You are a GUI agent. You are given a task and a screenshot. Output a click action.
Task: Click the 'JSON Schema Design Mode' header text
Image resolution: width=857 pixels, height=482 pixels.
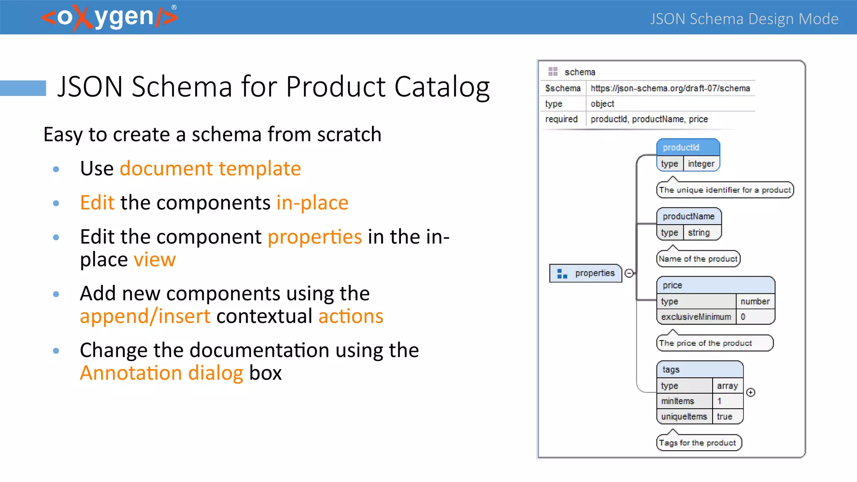click(744, 19)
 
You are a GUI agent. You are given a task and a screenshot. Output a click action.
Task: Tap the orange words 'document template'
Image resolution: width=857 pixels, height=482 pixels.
click(210, 169)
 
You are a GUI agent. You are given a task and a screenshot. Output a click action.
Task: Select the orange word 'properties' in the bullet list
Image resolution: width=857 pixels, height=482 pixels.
click(315, 237)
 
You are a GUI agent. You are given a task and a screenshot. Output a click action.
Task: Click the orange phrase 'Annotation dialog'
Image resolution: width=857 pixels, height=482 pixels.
click(162, 373)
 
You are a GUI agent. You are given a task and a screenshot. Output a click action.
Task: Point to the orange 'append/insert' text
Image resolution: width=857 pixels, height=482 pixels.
click(145, 316)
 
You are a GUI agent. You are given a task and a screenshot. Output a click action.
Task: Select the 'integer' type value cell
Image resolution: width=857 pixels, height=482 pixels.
click(701, 164)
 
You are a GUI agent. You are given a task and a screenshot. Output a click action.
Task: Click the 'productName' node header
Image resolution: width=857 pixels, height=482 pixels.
click(689, 216)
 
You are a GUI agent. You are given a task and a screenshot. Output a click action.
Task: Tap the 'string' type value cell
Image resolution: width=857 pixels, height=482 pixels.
click(699, 233)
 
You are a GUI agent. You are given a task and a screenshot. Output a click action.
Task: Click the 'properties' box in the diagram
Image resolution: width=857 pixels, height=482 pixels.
click(586, 273)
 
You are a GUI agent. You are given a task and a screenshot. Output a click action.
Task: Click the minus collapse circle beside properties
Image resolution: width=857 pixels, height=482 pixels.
click(629, 273)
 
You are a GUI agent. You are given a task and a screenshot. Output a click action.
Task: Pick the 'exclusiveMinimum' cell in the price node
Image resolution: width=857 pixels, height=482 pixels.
click(696, 317)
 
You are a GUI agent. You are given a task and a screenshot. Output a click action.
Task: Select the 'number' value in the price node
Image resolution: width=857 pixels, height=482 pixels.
click(755, 301)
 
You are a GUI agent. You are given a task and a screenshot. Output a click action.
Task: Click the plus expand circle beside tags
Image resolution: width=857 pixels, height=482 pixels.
click(751, 392)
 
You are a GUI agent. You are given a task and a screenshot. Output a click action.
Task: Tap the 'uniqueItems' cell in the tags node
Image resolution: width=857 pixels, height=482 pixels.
click(684, 417)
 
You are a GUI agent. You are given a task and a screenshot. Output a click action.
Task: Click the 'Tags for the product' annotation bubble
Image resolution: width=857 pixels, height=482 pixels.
click(698, 443)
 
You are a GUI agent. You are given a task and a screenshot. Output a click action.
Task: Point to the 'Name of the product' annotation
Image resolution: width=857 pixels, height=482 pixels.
click(698, 259)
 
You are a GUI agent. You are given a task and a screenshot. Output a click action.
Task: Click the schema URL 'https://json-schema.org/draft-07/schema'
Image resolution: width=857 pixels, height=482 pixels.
click(670, 88)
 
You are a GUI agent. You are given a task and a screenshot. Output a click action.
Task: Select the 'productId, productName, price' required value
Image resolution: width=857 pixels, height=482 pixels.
click(649, 119)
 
